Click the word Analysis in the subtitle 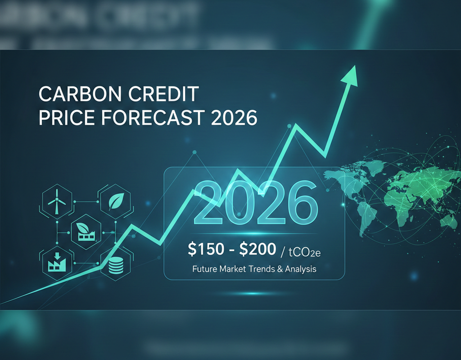click(300, 270)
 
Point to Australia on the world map click(447, 220)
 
